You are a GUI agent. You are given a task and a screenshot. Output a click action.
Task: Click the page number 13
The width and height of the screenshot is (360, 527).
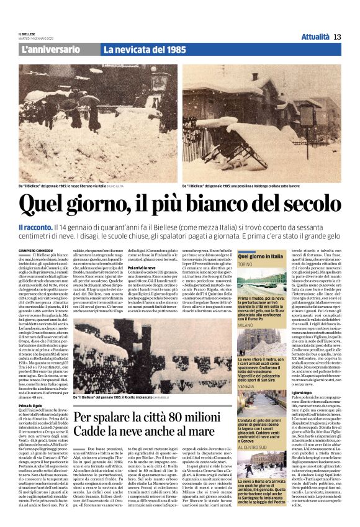[x=337, y=37]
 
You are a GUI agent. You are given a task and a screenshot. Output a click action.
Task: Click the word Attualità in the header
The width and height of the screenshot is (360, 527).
[x=315, y=37]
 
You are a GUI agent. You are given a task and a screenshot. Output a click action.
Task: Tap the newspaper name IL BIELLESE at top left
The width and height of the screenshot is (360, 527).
[x=27, y=34]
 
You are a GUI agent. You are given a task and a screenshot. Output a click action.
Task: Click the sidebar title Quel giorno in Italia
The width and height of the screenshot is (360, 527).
[x=261, y=256]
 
